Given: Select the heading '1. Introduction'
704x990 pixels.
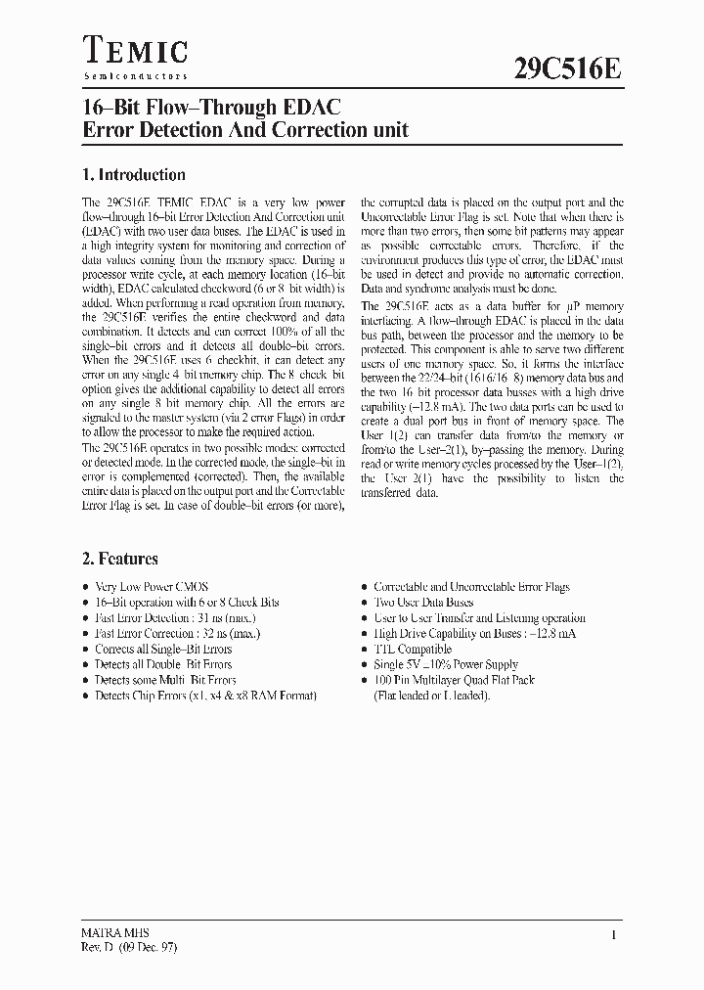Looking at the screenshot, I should point(133,175).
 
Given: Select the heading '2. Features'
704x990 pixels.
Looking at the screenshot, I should point(119,559).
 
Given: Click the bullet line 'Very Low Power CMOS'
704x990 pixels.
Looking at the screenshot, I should point(152,587).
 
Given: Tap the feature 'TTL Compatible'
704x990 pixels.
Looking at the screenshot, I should point(413,649).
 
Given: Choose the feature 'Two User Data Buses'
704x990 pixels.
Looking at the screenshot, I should point(423,603).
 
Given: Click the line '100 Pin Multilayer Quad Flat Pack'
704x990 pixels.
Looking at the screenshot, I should point(455,680).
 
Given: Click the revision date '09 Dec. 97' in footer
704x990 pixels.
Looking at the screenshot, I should point(141,947).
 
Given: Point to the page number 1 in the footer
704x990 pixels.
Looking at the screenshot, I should point(613,935).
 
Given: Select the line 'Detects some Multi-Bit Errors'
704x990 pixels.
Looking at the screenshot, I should point(165,680).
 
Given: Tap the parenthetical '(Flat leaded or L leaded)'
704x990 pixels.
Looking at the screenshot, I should point(431,696).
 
